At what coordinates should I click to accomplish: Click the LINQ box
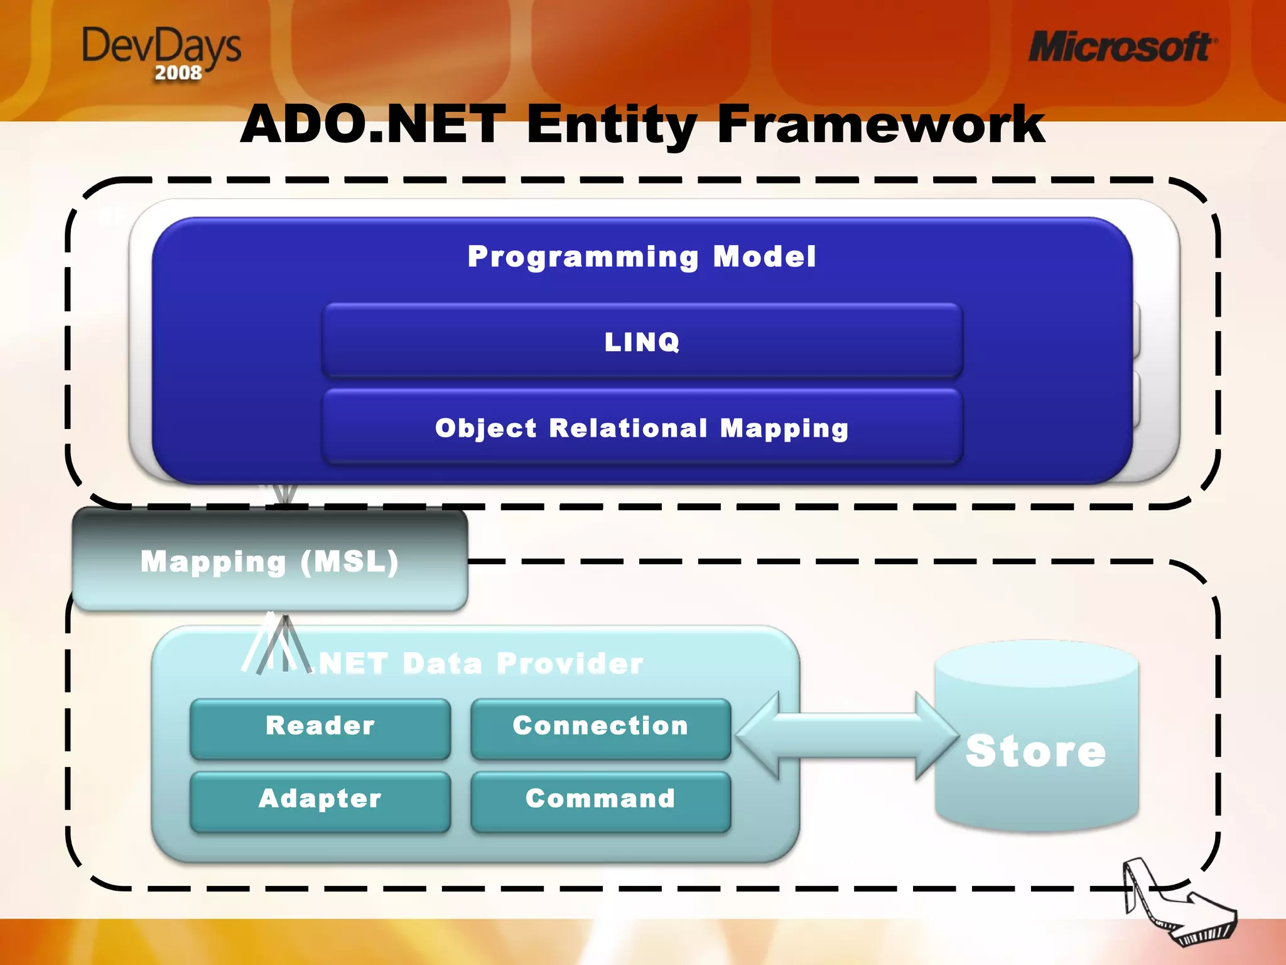(642, 341)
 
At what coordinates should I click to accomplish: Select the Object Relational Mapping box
(642, 427)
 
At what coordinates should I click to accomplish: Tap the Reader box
(320, 727)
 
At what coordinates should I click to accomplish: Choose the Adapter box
(320, 800)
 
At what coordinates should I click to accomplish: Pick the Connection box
(600, 727)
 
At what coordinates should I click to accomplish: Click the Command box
(600, 800)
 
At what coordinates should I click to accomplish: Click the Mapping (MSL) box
(270, 561)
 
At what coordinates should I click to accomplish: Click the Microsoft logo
(1121, 47)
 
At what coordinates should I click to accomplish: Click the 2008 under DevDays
(178, 73)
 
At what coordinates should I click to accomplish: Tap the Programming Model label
(642, 256)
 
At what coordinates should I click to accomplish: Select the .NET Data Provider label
(480, 663)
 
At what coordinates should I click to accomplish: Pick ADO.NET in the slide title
(373, 124)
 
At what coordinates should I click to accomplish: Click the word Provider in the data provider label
(570, 663)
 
